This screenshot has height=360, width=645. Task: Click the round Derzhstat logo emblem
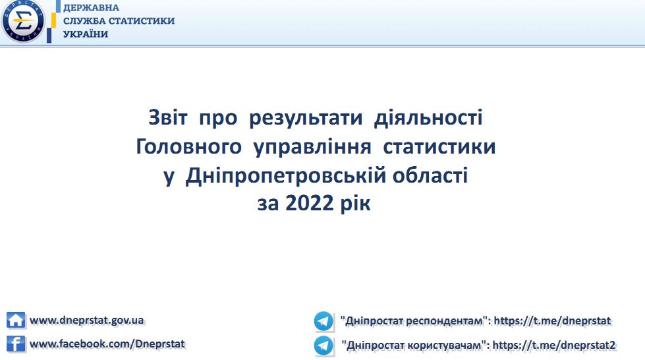pos(23,20)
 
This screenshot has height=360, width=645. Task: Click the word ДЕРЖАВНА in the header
pos(91,8)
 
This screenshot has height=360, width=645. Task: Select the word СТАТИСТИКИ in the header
pos(142,21)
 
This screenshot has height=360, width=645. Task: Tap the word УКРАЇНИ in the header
pos(86,34)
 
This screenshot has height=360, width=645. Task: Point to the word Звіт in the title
pos(168,117)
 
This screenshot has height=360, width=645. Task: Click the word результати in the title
pos(306,118)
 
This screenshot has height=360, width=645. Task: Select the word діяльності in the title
pos(428,118)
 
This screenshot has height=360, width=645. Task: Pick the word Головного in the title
pos(188,146)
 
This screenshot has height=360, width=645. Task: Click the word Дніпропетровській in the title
pos(286,176)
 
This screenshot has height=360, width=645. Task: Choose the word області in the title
pos(430,175)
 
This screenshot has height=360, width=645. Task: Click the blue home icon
pos(16,320)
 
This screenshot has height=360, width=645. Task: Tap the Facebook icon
pos(16,344)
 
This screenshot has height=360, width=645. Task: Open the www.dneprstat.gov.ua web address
pos(87,320)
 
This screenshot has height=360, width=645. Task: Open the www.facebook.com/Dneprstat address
pos(107,344)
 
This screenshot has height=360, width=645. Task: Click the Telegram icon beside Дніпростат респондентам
pos(323,321)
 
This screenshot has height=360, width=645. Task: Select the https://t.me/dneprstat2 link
pos(554,345)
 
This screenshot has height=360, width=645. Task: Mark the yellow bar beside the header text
pos(53,20)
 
